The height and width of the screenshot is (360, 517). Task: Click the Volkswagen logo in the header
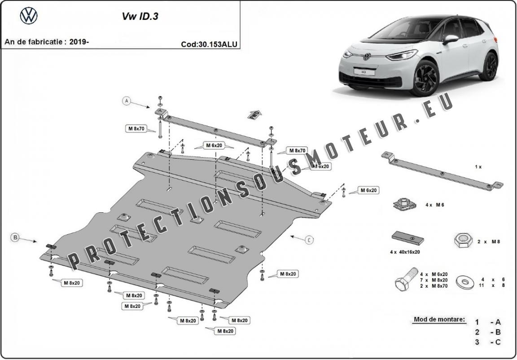29,16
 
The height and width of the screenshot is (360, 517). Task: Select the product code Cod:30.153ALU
209,44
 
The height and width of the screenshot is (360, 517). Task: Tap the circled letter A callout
127,101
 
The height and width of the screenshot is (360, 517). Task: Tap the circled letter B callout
15,237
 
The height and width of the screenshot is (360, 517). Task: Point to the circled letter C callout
309,240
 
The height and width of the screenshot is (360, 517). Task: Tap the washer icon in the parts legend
465,282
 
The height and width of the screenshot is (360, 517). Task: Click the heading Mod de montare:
439,320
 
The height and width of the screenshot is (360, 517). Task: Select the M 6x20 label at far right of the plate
368,190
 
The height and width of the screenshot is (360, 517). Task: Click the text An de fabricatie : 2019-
47,42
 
